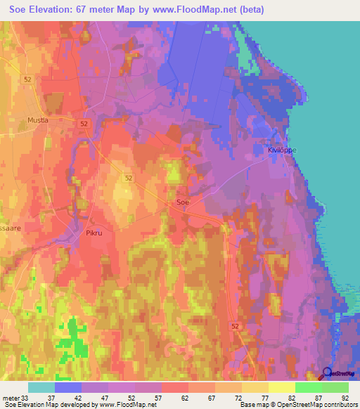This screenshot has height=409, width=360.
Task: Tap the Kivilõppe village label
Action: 283,150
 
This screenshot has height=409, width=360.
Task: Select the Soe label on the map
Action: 182,202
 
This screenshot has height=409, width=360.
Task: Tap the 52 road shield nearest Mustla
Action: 84,123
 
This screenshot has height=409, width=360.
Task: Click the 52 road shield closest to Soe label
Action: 129,178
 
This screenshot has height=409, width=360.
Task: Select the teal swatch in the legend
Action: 41,387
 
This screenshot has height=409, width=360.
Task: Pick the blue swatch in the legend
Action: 68,387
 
